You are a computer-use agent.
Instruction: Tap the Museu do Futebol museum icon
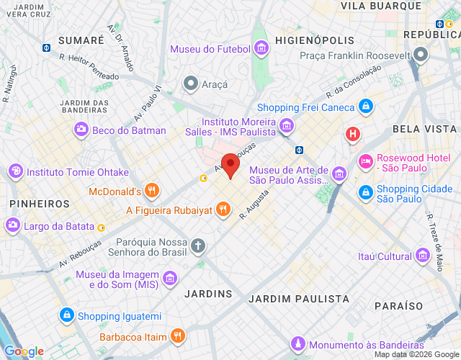click(261, 50)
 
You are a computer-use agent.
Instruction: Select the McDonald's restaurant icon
click(151, 191)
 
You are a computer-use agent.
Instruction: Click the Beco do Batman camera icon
click(81, 130)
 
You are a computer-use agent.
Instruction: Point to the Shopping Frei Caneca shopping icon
click(366, 107)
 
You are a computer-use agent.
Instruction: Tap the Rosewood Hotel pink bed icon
click(366, 160)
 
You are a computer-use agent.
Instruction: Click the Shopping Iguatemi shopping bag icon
click(66, 315)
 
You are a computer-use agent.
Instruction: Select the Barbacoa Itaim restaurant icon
click(178, 336)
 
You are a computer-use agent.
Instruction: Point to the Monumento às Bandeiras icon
click(297, 343)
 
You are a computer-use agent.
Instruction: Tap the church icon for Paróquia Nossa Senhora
click(198, 246)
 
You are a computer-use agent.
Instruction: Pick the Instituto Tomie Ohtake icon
click(15, 171)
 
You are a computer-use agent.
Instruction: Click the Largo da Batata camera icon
click(13, 226)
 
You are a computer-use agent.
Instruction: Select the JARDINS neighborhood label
click(208, 294)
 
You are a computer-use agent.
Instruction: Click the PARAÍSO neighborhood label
click(398, 306)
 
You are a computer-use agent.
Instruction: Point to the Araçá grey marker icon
click(191, 84)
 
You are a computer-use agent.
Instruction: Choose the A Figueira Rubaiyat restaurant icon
click(224, 210)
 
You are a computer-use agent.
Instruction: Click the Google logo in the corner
click(24, 351)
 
